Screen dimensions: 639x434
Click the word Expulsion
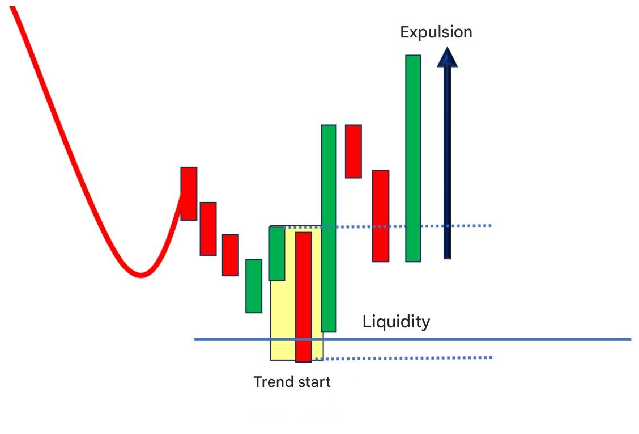[x=436, y=32]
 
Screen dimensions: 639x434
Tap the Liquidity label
[x=396, y=322]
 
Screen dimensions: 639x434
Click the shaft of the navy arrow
[x=447, y=162]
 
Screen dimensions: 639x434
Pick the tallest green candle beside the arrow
[x=413, y=158]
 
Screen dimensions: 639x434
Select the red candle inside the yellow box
[x=304, y=297]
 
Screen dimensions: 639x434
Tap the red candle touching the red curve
[x=189, y=193]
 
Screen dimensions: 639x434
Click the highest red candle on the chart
[x=353, y=151]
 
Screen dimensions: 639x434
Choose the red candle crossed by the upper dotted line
[x=381, y=216]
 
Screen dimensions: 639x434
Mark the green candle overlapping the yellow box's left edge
[x=276, y=254]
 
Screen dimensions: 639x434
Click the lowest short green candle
[x=254, y=286]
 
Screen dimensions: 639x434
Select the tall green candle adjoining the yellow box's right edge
[x=329, y=228]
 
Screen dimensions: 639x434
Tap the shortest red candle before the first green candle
[x=230, y=255]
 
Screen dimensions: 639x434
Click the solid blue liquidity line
[x=412, y=339]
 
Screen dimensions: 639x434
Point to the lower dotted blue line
[x=403, y=358]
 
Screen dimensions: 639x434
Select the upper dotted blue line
[x=387, y=226]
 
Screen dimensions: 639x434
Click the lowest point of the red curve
[x=140, y=275]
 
